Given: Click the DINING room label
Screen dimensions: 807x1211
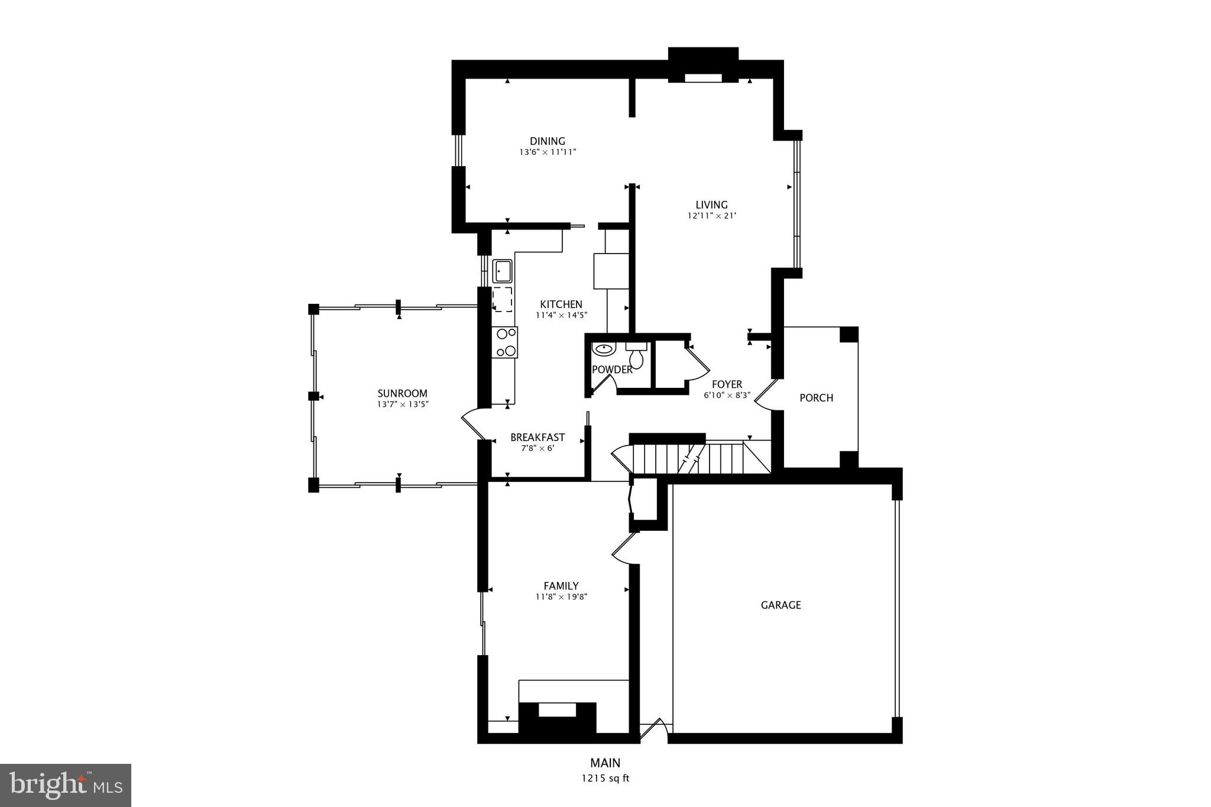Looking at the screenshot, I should (547, 141).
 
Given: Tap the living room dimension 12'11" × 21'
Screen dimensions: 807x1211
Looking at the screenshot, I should (711, 216).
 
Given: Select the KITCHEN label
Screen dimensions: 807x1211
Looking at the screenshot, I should (561, 304).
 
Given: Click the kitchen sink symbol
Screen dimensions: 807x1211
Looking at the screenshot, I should (503, 271).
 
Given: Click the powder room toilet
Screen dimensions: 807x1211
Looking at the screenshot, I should (636, 356).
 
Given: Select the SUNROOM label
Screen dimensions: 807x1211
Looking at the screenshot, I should (402, 394).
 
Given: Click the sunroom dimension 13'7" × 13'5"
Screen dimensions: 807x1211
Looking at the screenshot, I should (402, 404).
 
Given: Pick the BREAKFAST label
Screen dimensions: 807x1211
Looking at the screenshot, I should (537, 437).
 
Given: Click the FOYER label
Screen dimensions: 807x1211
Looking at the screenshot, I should (727, 384).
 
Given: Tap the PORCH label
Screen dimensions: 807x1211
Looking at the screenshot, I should (816, 398).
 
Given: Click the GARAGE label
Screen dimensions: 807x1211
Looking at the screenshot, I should (781, 605).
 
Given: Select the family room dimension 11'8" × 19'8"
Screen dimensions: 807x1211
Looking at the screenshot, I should (561, 597).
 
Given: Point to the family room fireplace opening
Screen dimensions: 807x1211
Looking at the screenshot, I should (557, 709).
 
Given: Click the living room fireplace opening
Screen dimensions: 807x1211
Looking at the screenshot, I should (703, 77).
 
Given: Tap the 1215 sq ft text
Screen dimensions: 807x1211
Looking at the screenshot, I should (605, 778).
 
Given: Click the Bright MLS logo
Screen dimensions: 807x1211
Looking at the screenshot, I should (66, 785).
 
